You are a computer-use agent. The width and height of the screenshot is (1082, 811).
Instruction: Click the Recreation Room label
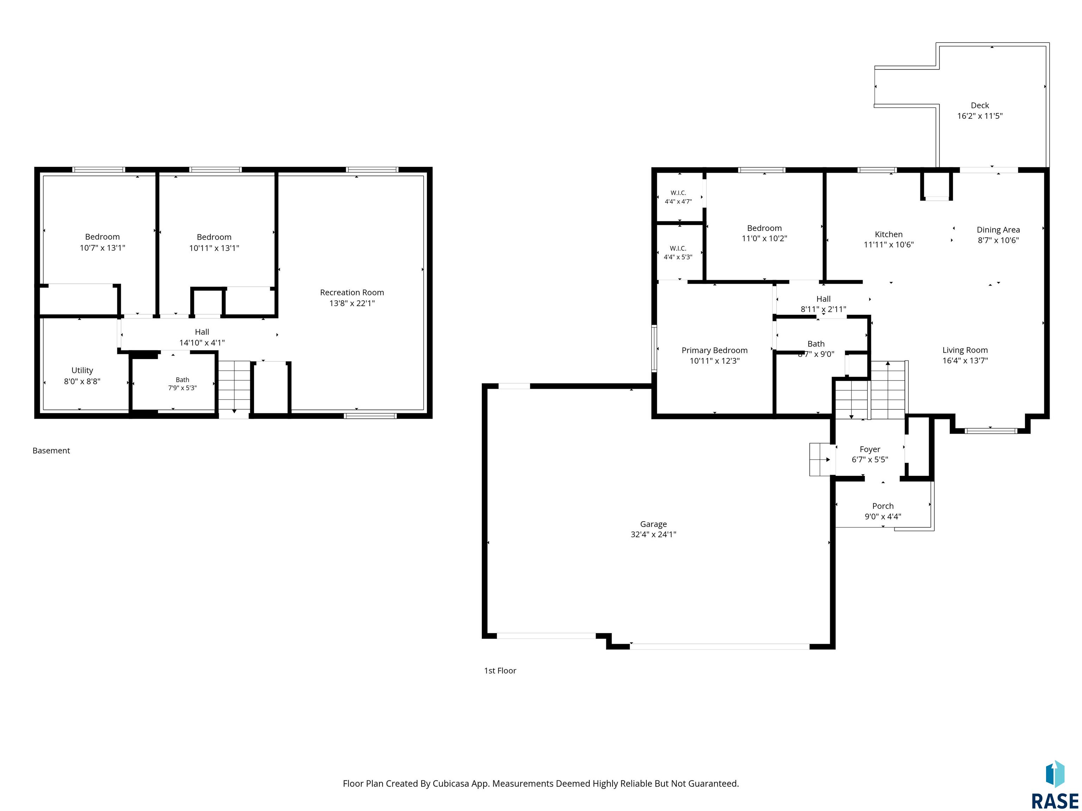point(352,292)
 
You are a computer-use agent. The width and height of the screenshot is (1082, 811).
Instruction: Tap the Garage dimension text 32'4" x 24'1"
point(653,534)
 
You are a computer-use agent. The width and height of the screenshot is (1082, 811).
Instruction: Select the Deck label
point(980,105)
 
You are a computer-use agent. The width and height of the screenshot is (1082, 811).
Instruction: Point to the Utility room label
point(82,371)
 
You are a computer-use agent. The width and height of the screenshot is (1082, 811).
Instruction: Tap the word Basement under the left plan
point(51,451)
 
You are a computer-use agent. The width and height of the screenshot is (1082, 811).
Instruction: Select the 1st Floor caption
point(500,671)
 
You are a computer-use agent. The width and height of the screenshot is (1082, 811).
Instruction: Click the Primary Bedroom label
point(715,351)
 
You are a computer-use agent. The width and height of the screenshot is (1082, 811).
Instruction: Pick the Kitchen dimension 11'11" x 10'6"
point(889,244)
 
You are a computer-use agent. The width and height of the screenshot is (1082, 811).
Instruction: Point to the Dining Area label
point(999,230)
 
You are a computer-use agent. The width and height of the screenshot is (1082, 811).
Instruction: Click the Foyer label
point(870,449)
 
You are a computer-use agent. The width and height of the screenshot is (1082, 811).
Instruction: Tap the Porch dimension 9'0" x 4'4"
point(883,516)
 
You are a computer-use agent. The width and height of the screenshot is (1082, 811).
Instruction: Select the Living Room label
point(965,350)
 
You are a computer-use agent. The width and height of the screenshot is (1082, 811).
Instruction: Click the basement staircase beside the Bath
point(234,386)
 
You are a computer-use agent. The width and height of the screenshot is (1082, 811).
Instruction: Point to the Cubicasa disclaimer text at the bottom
point(541,784)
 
